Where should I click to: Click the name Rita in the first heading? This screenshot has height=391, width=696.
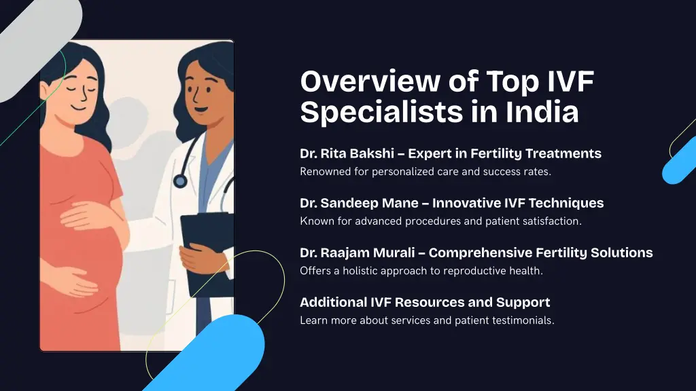[x=332, y=153]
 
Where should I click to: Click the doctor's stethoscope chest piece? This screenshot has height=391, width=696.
[x=180, y=181]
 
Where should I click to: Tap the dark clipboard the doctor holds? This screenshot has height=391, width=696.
[x=205, y=251]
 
